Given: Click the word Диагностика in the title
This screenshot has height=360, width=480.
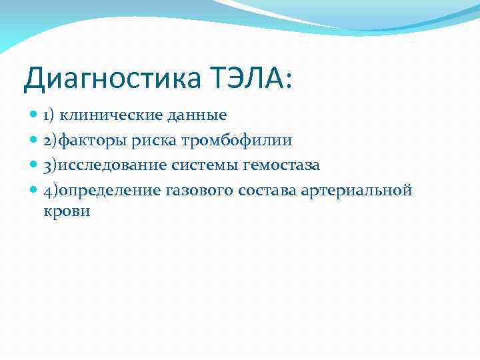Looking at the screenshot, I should click(111, 79).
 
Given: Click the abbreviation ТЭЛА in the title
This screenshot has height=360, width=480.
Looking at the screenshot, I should click(249, 79).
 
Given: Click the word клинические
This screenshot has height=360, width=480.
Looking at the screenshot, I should click(107, 115).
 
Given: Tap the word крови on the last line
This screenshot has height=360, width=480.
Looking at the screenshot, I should click(67, 212).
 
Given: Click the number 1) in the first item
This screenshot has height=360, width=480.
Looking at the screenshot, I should click(49, 115).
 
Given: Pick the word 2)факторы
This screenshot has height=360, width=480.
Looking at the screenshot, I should click(84, 141).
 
